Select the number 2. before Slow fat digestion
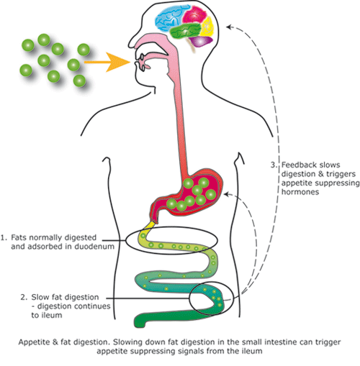[25, 296]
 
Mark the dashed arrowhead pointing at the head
[228, 27]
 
